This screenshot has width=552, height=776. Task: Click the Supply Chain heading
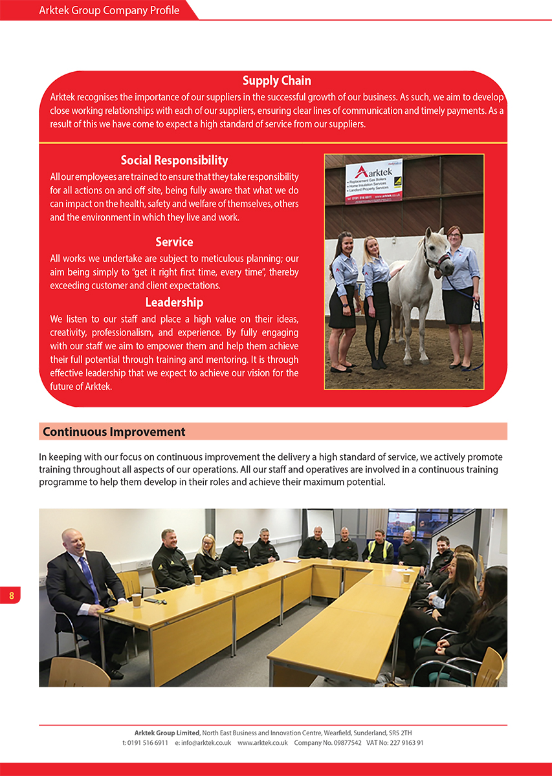point(276,81)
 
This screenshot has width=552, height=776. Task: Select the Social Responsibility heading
point(174,160)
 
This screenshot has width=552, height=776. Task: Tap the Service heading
point(174,242)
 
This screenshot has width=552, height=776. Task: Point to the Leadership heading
point(174,302)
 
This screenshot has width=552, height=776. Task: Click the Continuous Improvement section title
point(114,431)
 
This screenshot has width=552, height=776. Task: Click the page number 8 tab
point(11,595)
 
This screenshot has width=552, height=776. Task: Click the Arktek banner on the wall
point(373,180)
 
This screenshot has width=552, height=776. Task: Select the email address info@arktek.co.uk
point(206,743)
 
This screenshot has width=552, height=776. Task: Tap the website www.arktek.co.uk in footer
point(262,743)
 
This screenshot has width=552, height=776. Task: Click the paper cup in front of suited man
point(136,599)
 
